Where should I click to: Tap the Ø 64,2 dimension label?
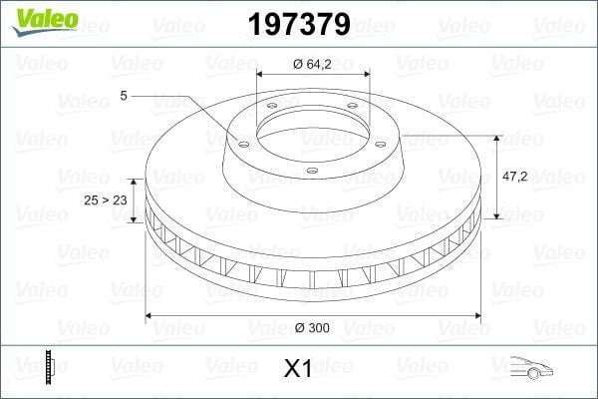[x=313, y=64]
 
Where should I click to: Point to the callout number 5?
[x=123, y=96]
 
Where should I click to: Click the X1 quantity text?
[x=298, y=369]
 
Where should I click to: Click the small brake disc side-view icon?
[x=47, y=368]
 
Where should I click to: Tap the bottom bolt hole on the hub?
[x=311, y=171]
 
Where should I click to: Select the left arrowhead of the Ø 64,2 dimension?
[x=261, y=74]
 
